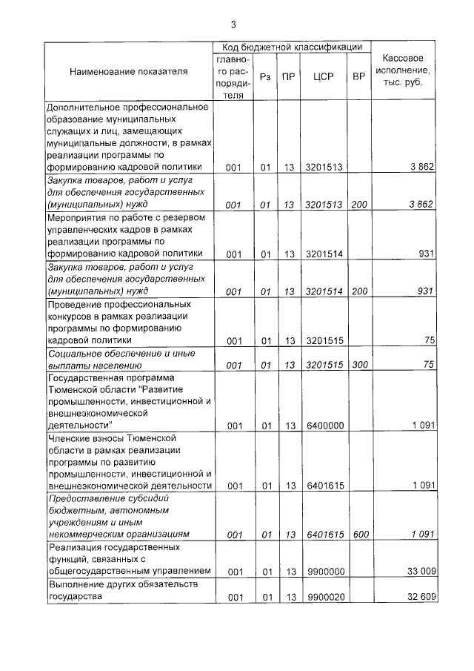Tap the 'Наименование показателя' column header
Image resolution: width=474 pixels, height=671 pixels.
129,72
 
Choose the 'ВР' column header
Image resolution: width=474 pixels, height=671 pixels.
358,76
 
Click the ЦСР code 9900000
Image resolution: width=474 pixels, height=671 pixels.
324,572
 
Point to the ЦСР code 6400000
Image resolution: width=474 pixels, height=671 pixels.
324,426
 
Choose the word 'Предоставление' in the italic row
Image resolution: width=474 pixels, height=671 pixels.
82,498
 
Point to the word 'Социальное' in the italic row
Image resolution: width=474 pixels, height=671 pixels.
73,353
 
